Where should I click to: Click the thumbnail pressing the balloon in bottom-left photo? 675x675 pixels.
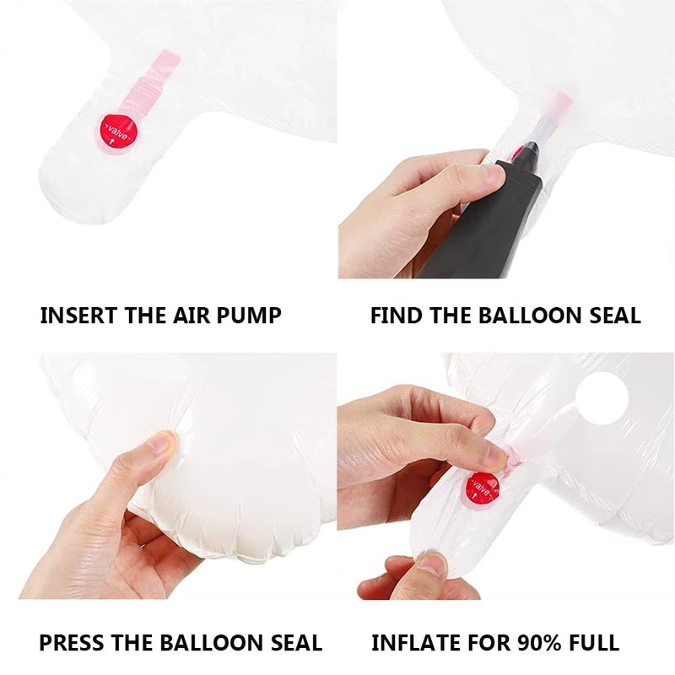(x=164, y=442)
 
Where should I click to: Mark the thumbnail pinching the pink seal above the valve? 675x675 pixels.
(x=496, y=457)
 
